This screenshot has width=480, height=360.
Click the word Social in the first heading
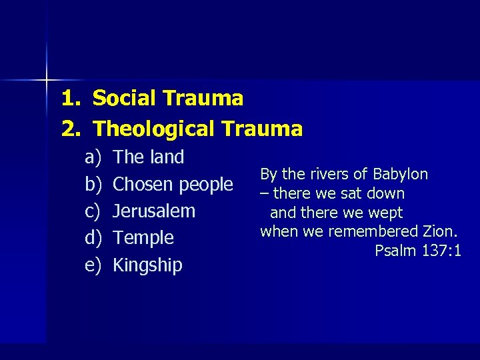coord(126,99)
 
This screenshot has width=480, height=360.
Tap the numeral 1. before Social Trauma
coord(71,99)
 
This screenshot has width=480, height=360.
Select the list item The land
coord(149,158)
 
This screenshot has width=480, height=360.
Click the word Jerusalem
coord(154,211)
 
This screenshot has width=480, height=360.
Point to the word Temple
coord(143,238)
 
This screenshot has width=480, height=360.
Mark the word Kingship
coord(147,265)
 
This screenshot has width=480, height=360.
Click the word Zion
coord(441,232)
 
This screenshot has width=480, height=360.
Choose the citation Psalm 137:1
coord(418,251)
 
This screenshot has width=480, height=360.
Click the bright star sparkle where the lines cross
coord(47,80)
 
